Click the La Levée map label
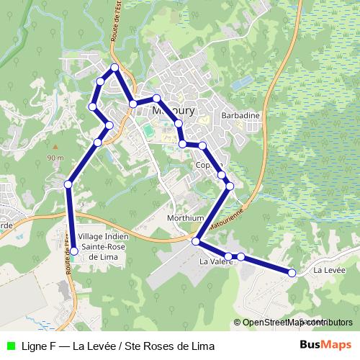[x=330, y=270]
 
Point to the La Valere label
[x=214, y=263]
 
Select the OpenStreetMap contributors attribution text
[x=297, y=322]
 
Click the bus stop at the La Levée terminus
[x=292, y=272]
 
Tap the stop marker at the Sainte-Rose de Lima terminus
[x=73, y=251]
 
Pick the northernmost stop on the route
[x=114, y=68]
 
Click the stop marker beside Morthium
[x=195, y=241]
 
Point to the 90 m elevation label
[x=55, y=158]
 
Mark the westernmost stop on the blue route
[x=68, y=184]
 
